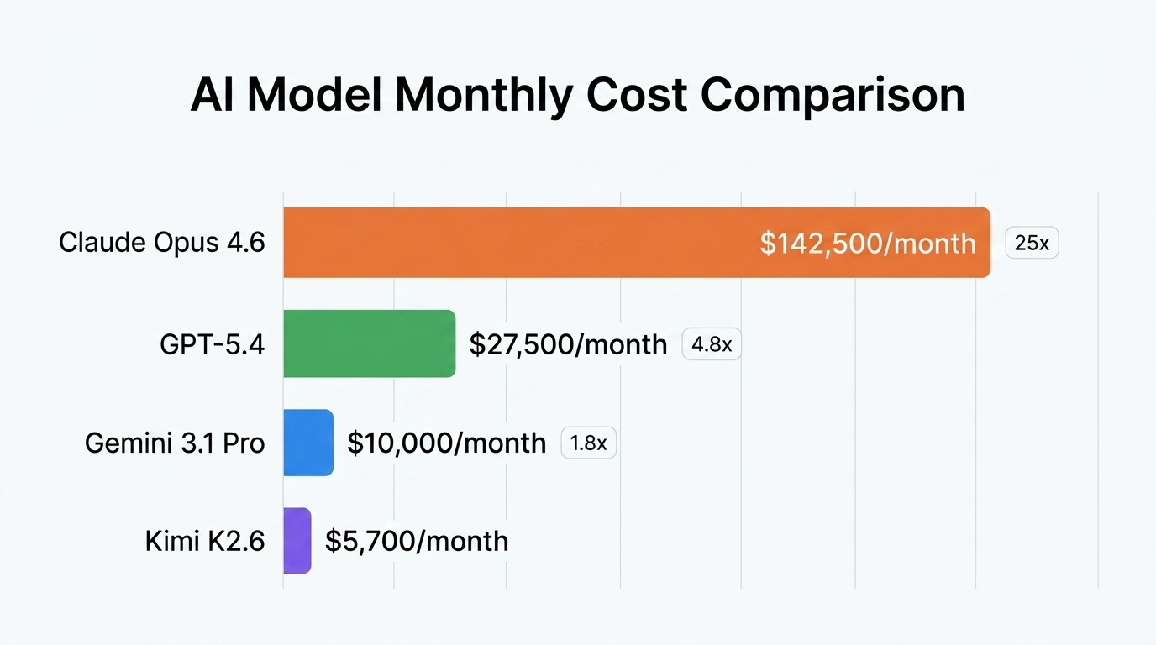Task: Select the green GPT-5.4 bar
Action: click(x=369, y=343)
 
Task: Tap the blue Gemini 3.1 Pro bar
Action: click(x=308, y=443)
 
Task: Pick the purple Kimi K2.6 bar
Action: click(x=297, y=541)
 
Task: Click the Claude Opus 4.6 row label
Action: click(x=162, y=243)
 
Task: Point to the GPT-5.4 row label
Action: click(x=213, y=344)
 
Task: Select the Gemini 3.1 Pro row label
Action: click(x=175, y=443)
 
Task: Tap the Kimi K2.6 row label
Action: click(x=205, y=541)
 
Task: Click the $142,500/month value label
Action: click(x=868, y=244)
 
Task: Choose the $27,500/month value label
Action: click(x=568, y=344)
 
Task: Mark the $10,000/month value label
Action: click(x=446, y=443)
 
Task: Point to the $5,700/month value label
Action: click(x=417, y=541)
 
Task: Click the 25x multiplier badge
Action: click(x=1032, y=244)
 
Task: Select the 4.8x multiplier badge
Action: click(x=712, y=344)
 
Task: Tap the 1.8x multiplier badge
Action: click(x=588, y=443)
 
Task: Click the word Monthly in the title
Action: click(x=482, y=95)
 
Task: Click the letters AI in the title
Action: click(x=213, y=95)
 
